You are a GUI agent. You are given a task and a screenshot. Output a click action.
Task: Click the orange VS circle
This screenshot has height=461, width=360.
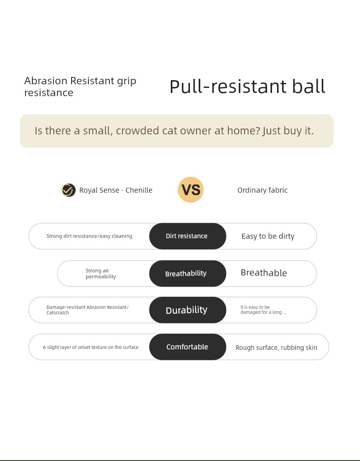(190, 190)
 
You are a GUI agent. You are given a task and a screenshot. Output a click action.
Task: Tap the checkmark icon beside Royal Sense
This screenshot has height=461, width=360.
(68, 190)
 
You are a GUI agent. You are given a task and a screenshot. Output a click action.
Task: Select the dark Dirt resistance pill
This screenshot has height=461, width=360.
(188, 236)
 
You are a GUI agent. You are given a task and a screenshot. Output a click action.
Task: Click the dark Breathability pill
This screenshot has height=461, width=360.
(188, 273)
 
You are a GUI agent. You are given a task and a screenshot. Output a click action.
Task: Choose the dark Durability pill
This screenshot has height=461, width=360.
(188, 310)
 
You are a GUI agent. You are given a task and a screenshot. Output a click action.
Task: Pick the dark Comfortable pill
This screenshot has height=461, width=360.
(188, 347)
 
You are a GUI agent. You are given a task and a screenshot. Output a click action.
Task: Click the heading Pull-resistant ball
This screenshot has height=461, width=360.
(247, 87)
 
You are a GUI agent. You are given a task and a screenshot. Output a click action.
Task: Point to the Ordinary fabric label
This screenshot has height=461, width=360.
(262, 190)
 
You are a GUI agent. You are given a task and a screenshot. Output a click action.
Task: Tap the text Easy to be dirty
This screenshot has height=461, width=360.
(268, 236)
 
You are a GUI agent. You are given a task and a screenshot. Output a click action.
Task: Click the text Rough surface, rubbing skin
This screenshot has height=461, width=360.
(276, 348)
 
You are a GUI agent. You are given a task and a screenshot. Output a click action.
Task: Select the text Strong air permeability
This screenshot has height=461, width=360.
(101, 273)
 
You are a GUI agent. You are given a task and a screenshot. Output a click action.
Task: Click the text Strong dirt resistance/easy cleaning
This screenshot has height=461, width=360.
(89, 236)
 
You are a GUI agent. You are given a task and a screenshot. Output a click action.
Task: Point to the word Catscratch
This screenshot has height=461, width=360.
(58, 312)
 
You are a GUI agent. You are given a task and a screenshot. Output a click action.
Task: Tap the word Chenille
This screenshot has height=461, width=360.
(139, 190)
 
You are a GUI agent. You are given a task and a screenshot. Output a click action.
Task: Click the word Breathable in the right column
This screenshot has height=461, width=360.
(264, 273)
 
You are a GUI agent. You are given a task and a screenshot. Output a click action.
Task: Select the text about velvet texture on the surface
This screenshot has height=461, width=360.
(91, 347)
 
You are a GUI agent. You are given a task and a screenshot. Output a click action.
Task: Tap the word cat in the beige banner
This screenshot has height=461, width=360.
(170, 131)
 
